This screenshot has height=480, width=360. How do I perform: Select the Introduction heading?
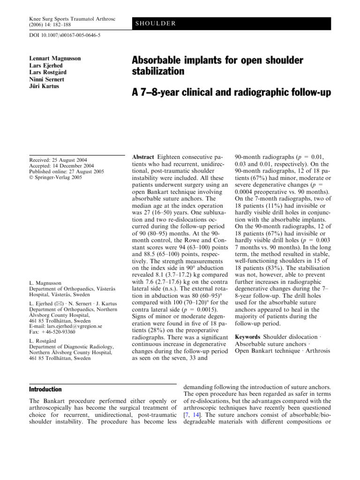coord(45,390)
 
